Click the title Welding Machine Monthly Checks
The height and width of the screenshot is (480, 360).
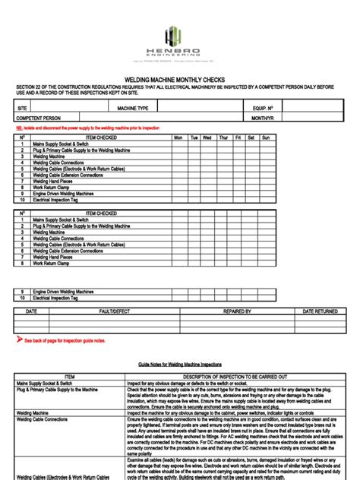(x=179, y=79)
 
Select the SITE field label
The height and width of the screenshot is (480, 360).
(x=21, y=109)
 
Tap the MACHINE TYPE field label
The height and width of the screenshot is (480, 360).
(x=133, y=109)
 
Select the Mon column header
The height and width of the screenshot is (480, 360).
(x=178, y=137)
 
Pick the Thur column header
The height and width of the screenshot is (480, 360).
(x=223, y=137)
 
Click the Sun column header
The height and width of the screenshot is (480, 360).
(x=265, y=137)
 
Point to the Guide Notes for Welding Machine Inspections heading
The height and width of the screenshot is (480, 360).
(x=179, y=365)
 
